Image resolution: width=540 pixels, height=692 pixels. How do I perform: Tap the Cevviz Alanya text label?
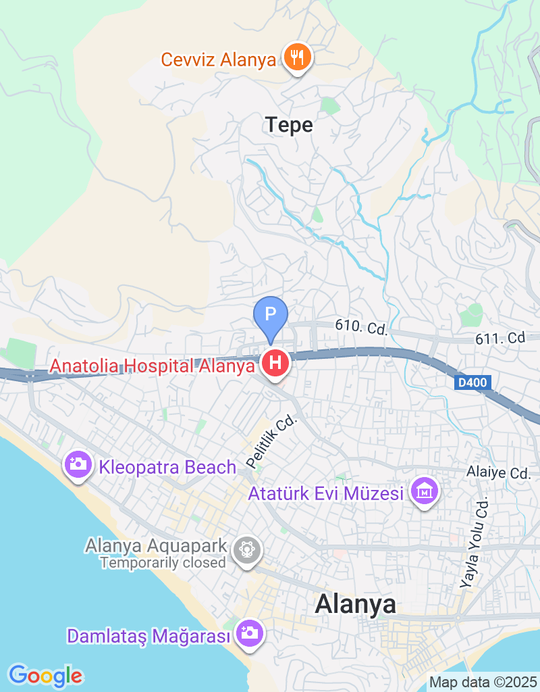(x=219, y=59)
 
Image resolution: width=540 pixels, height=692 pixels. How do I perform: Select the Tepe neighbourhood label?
(x=289, y=125)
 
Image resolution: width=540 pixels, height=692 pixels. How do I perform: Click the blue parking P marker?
(x=270, y=316)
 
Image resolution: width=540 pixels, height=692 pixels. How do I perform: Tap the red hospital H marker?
(x=275, y=363)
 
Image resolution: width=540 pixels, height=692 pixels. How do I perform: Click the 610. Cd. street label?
(x=361, y=328)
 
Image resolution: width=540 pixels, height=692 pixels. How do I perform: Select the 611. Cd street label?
(x=500, y=337)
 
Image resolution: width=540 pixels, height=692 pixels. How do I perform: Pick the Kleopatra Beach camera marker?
(x=79, y=464)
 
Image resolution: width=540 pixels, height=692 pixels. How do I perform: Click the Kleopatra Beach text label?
(x=167, y=467)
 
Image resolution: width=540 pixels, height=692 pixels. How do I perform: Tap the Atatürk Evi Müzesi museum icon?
(x=425, y=492)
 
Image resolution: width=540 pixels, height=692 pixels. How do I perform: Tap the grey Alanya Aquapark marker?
(x=247, y=549)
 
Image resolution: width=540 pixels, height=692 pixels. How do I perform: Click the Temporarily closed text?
(x=163, y=562)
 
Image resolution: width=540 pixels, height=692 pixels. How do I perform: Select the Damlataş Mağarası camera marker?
(x=249, y=633)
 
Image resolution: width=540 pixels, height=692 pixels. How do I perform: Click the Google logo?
(x=45, y=675)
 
